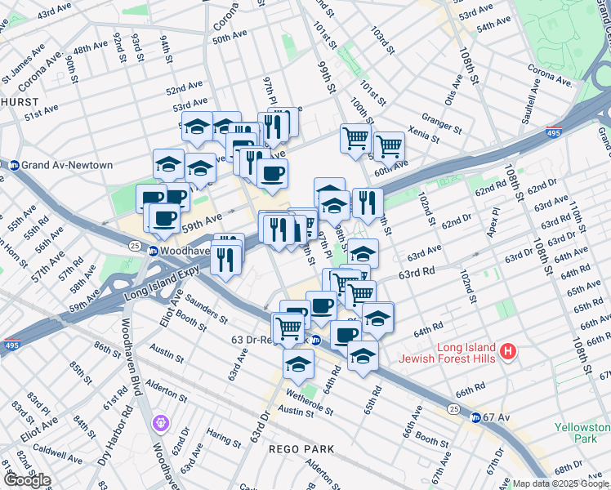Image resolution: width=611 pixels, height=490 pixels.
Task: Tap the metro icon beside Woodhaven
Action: [x=153, y=250]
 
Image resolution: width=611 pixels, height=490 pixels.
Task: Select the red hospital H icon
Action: [x=508, y=352]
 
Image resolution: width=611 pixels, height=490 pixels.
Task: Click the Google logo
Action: [x=27, y=479]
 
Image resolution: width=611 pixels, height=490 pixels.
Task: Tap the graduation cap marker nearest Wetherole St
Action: [x=299, y=363]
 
